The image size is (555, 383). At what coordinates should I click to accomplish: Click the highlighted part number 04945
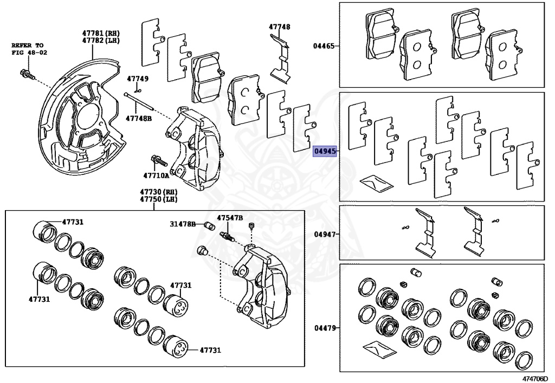pos(325,151)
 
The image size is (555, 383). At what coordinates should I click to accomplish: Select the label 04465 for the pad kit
pos(324,47)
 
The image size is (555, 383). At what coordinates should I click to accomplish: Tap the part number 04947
pos(324,235)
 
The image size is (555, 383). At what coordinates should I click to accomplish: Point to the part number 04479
pos(324,328)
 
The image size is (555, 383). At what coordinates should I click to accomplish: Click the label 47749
pos(138,79)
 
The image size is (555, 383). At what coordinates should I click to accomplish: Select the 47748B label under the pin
pos(139,118)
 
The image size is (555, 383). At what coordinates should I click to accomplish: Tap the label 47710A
pos(156,175)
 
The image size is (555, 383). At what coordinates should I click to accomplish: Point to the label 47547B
pos(230,218)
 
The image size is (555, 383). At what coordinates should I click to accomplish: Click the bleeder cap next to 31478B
pos(209,225)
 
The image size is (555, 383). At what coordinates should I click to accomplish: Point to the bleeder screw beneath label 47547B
pos(228,236)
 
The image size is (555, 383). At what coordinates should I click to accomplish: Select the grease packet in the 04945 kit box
pos(376,182)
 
